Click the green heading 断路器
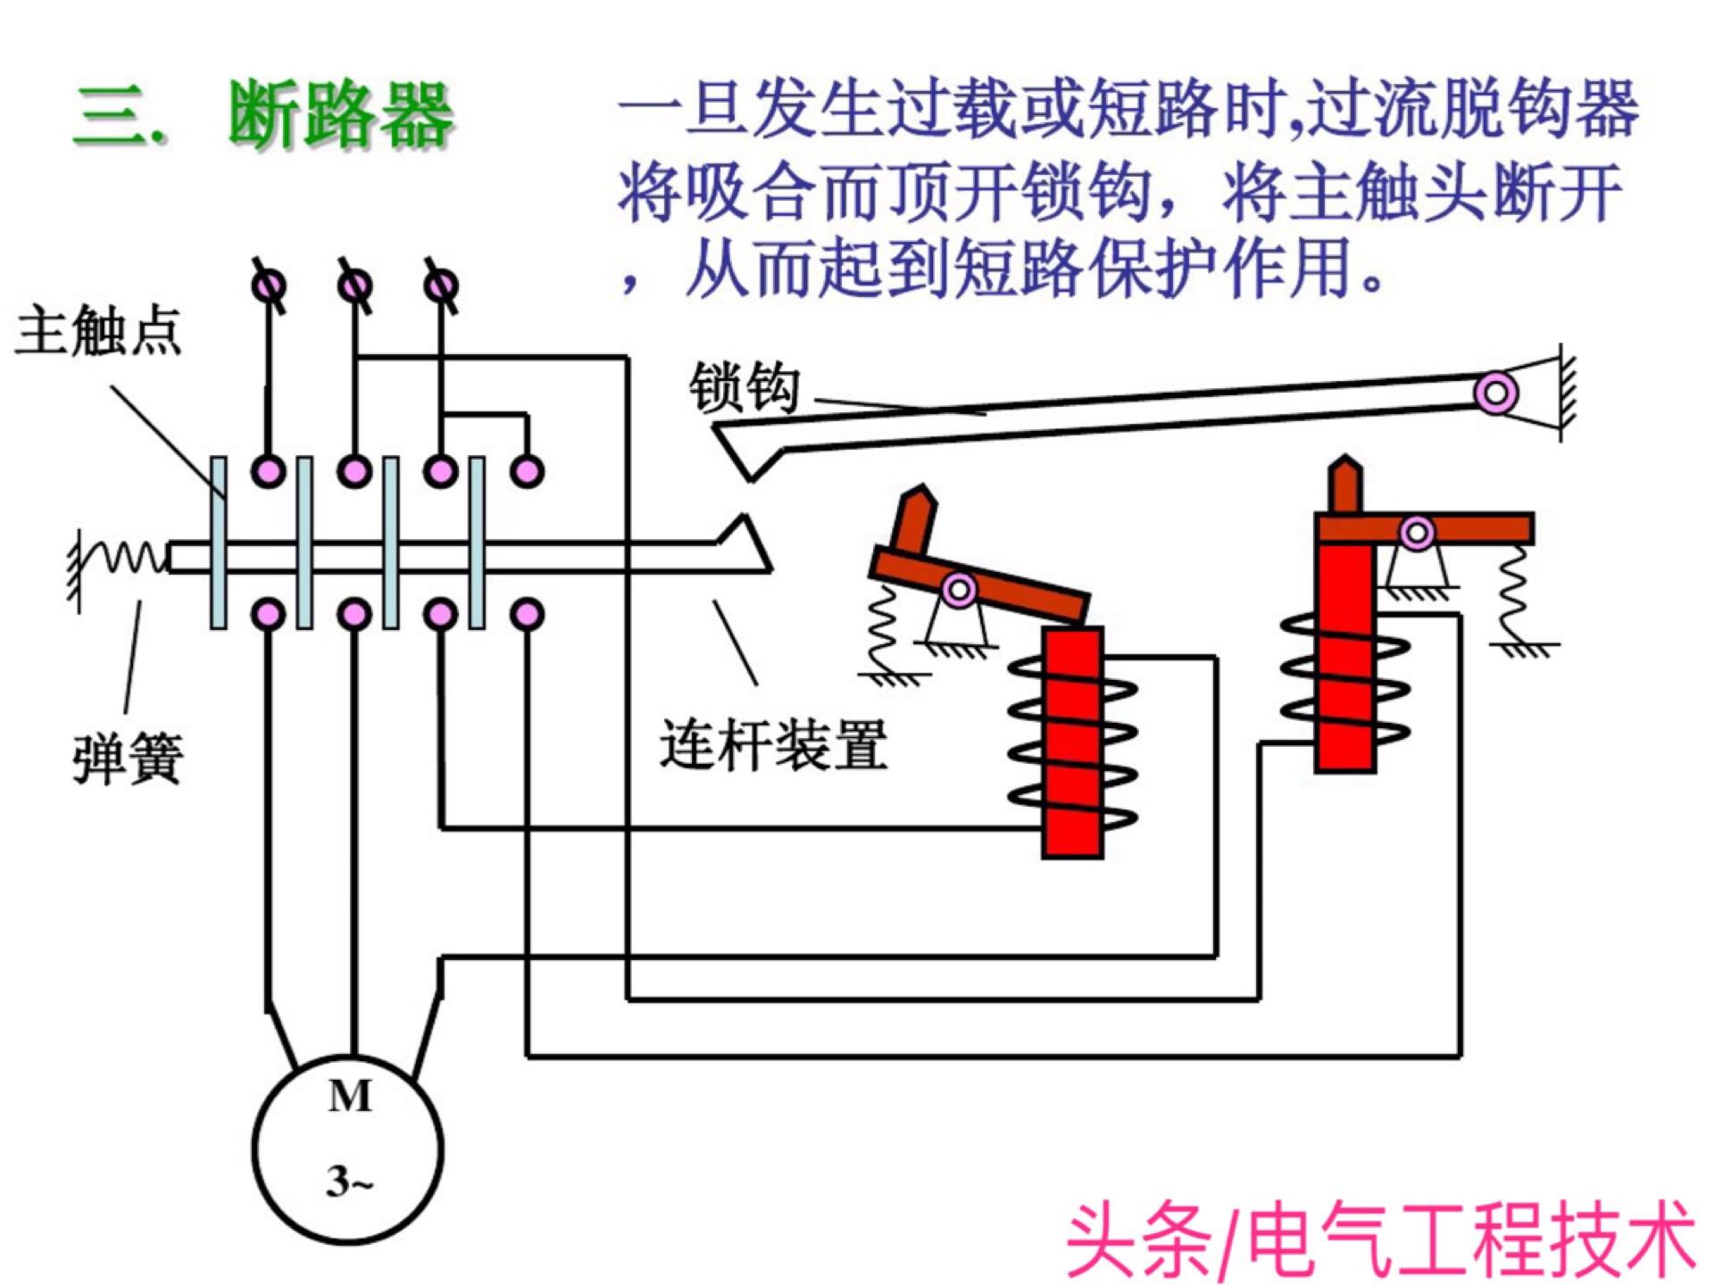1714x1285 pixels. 339,116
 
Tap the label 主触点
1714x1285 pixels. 98,331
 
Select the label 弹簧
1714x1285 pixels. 128,759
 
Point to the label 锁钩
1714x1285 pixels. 744,389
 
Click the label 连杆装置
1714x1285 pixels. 773,745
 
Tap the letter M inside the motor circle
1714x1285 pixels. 349,1097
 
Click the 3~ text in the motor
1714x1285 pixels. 349,1182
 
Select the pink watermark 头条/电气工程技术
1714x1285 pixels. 1379,1240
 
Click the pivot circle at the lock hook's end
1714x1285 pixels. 1496,393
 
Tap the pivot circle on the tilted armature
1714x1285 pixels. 959,589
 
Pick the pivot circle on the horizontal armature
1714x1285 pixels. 1417,534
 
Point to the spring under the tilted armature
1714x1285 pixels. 883,629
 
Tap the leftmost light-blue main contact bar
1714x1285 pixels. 219,543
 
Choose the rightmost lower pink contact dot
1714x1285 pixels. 527,614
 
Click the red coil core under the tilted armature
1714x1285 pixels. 1072,741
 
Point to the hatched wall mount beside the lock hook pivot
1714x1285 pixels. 1566,393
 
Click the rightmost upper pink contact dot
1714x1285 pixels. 527,470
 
